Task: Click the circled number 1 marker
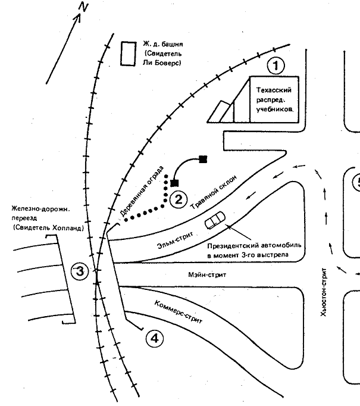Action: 276,64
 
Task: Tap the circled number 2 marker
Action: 178,199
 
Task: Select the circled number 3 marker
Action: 80,271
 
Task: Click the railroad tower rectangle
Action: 127,54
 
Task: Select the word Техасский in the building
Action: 273,90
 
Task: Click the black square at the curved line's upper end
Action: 203,159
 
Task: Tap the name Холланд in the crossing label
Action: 65,227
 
